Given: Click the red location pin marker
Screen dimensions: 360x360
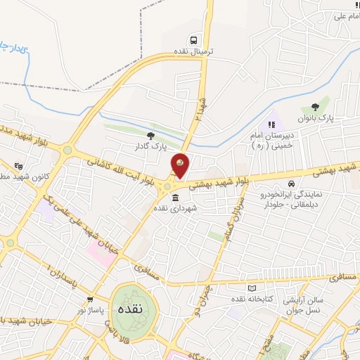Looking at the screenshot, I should click(x=181, y=165).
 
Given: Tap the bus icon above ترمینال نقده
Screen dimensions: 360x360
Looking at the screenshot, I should click(x=193, y=39).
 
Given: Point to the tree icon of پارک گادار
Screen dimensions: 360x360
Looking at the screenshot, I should click(x=150, y=135).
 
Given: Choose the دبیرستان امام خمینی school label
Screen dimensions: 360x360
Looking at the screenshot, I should click(x=271, y=139).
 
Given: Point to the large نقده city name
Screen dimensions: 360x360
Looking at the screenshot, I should click(x=134, y=308).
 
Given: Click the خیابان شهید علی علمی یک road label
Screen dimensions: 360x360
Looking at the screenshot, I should click(x=74, y=226).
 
